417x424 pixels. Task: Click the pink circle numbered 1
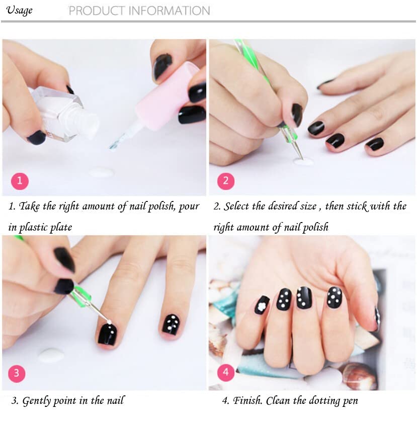click(20, 181)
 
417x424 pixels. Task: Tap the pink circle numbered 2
click(226, 181)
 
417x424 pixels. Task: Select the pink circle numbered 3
click(17, 373)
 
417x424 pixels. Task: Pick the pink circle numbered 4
click(226, 373)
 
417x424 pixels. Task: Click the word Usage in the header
click(19, 11)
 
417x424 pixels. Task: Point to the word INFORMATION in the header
click(169, 11)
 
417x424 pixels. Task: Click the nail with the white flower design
click(262, 305)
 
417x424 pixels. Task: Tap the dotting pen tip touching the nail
click(109, 322)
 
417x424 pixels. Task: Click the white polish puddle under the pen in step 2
click(303, 162)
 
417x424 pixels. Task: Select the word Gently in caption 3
click(36, 401)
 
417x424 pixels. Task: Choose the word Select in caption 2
click(236, 206)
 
